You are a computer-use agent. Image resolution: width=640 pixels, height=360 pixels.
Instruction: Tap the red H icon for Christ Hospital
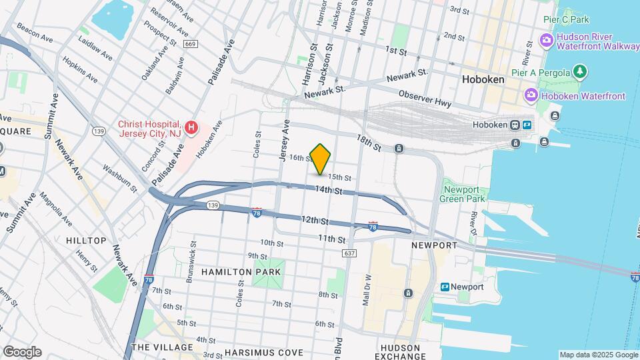tap(191, 127)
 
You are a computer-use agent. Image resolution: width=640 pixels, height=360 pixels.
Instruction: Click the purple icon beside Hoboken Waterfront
tap(531, 96)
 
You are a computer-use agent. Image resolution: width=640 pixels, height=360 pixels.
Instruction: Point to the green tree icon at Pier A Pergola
tap(581, 71)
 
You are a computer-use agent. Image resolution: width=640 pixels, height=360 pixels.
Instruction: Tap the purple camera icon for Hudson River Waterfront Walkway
tap(546, 41)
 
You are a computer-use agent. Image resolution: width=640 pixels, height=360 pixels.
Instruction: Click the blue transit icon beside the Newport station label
tap(445, 287)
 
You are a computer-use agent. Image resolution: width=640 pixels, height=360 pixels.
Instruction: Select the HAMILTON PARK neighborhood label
tap(241, 272)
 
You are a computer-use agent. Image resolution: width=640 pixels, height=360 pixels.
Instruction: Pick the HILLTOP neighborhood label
tap(86, 241)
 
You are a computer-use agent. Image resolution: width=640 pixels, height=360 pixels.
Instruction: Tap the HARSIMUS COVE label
tap(263, 352)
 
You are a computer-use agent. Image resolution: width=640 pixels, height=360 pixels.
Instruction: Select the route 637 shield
tap(349, 253)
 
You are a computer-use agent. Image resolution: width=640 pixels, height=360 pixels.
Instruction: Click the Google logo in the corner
tap(22, 352)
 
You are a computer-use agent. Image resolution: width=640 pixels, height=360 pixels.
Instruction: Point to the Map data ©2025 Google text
tap(598, 355)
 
